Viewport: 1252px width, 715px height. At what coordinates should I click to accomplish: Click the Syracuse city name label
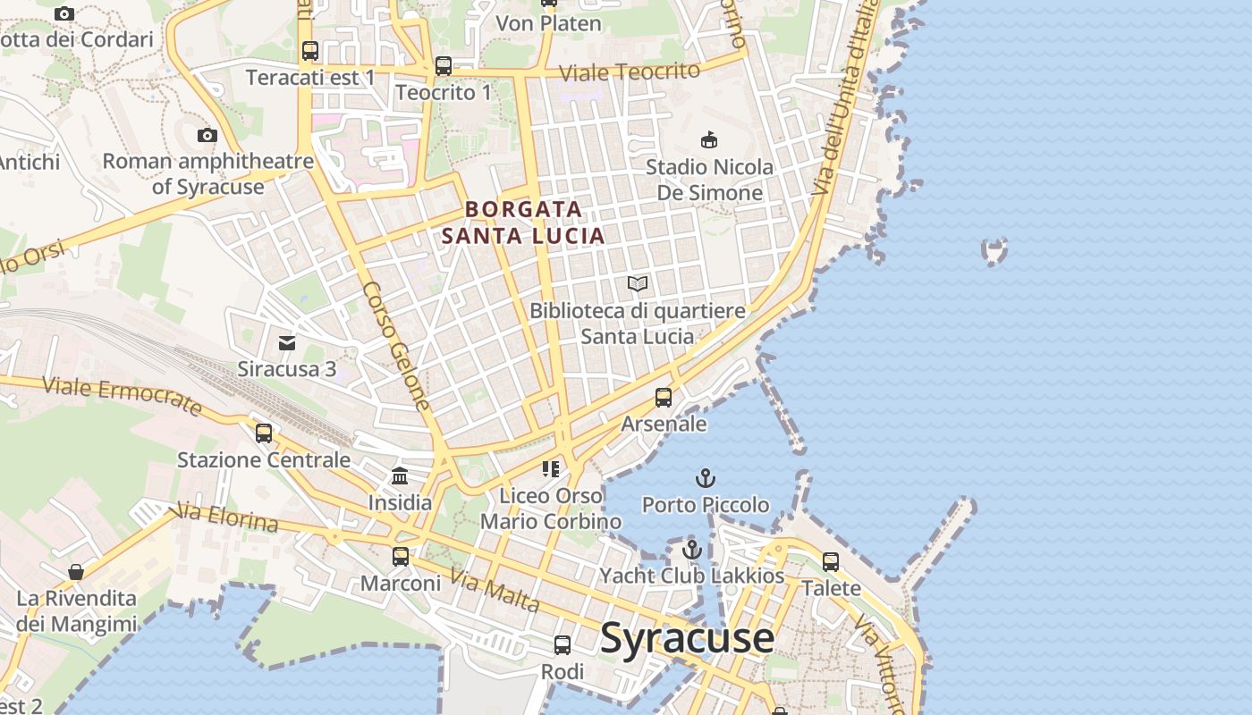pos(687,637)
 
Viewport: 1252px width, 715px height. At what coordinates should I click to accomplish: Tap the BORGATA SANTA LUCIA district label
pos(523,223)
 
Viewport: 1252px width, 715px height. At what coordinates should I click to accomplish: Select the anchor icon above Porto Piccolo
pos(706,478)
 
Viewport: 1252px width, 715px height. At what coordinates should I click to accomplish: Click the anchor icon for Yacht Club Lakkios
pos(691,549)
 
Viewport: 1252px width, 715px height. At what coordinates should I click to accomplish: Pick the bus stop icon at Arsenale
pos(663,398)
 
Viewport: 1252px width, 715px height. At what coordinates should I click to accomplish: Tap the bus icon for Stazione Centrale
pos(263,433)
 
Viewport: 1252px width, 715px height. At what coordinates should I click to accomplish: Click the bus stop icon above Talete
pos(830,562)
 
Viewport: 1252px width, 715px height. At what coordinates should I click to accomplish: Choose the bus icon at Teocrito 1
pos(443,66)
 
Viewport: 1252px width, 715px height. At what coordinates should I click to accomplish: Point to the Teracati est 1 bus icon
pos(309,51)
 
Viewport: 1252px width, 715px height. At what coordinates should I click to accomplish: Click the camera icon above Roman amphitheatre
pos(207,136)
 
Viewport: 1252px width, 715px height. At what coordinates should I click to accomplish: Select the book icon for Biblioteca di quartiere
pos(637,284)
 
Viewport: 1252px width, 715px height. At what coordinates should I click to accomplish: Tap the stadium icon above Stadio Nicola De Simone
pos(709,140)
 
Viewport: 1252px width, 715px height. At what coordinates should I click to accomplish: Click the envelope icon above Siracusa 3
pos(286,343)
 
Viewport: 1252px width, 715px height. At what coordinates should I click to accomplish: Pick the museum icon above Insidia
pos(400,476)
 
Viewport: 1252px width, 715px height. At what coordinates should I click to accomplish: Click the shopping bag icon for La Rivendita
pos(76,572)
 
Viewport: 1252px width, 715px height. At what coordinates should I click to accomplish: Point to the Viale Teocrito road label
pos(629,72)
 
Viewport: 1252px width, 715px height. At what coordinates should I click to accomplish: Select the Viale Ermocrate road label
pos(123,396)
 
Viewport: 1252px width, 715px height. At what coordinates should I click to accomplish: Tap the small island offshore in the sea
pos(994,251)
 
